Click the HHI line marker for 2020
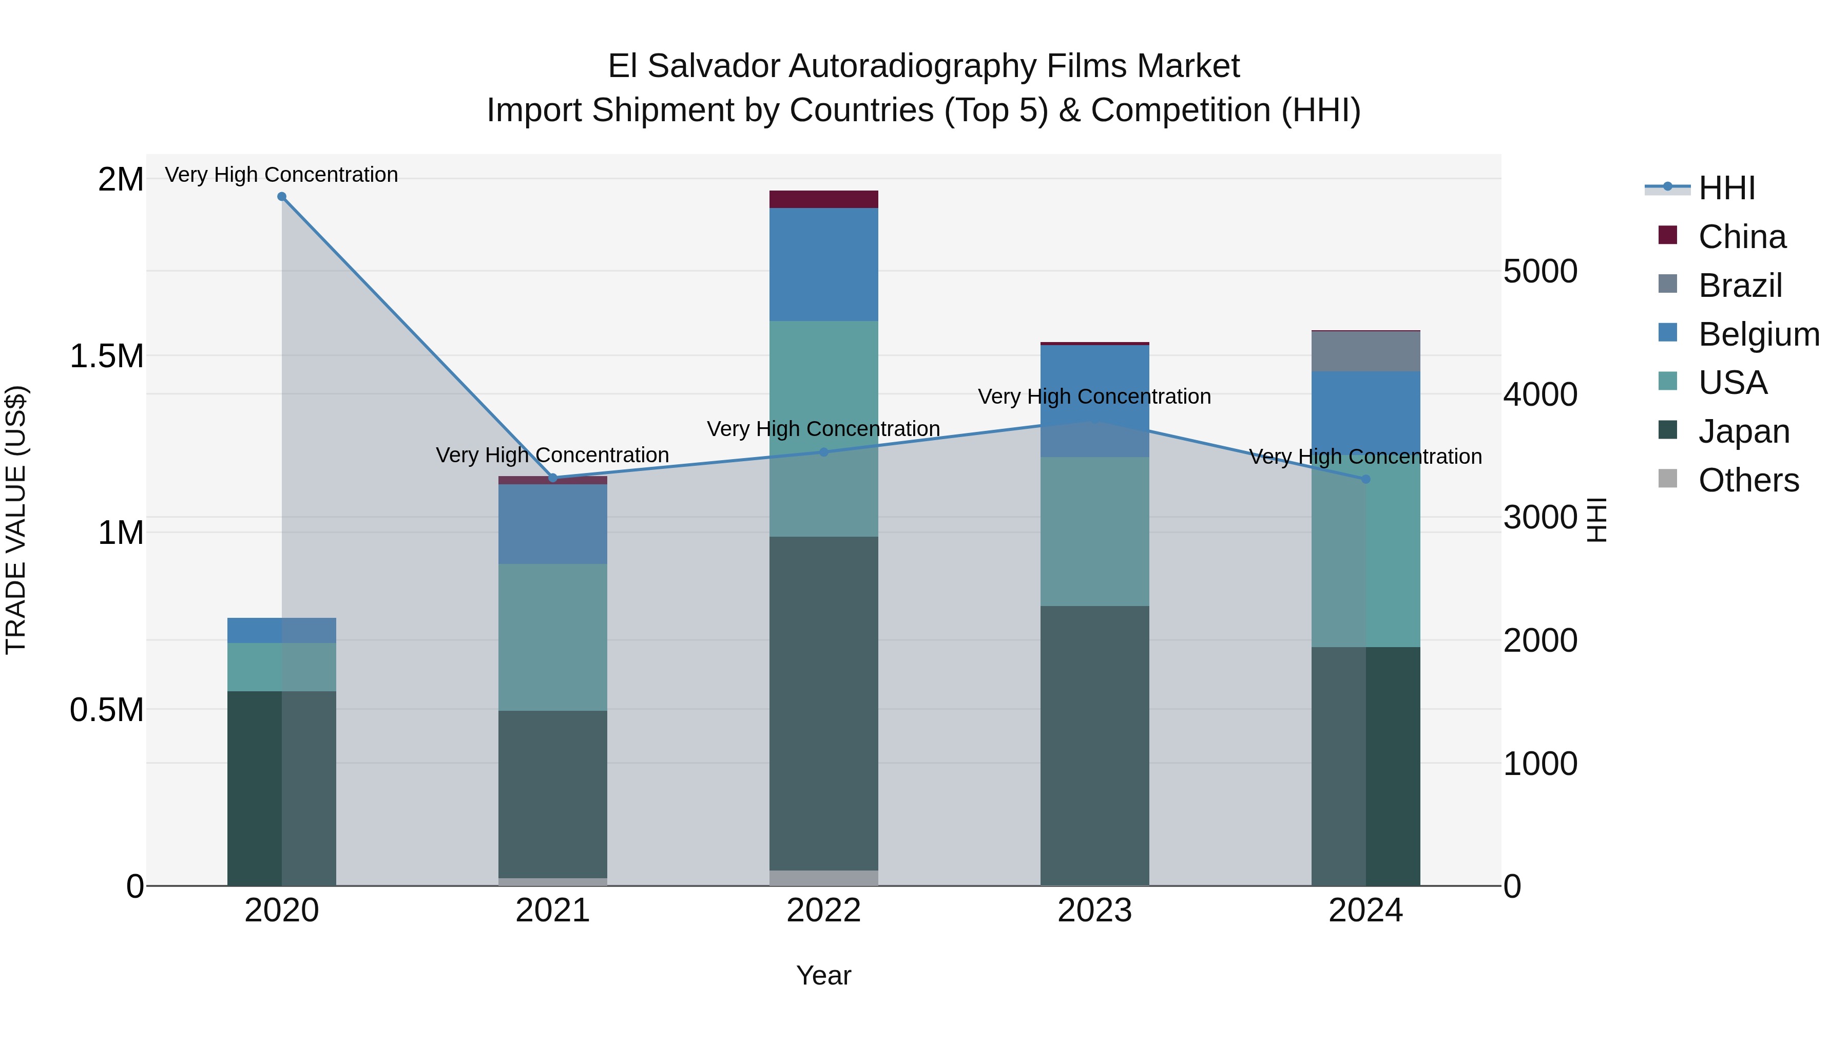[282, 197]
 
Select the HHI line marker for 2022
[823, 452]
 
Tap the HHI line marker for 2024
[1365, 479]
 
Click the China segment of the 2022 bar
[823, 200]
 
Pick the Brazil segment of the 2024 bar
[1365, 352]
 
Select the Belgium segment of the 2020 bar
[282, 630]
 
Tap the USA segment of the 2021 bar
[552, 637]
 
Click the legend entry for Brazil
[1740, 286]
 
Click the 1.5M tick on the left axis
[107, 356]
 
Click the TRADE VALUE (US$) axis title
[16, 520]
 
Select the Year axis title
[823, 975]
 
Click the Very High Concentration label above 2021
[552, 455]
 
